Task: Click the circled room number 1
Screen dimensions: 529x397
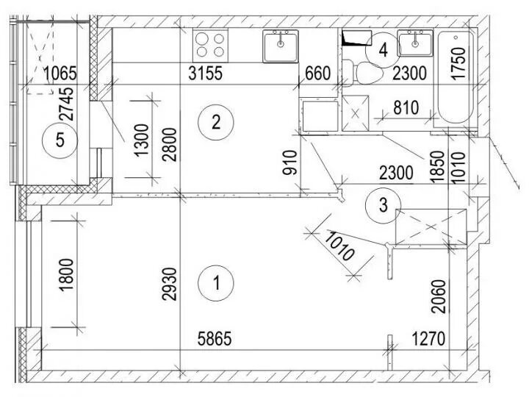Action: (216, 283)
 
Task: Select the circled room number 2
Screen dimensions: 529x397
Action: (216, 122)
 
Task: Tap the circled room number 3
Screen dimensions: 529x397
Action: (384, 205)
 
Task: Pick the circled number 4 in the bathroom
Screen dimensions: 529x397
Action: (384, 51)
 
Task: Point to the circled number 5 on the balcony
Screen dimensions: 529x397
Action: (60, 140)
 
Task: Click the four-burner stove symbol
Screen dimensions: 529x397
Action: (211, 46)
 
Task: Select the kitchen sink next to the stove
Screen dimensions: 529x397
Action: (281, 46)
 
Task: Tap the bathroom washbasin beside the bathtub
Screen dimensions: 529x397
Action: (415, 43)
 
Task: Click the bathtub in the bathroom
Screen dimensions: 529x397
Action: (456, 77)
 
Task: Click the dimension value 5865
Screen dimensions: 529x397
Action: (215, 339)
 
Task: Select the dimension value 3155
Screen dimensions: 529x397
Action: (206, 74)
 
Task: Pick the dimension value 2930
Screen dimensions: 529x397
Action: (170, 284)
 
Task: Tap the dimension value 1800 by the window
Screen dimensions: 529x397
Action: (66, 275)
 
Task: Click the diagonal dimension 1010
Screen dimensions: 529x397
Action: (339, 246)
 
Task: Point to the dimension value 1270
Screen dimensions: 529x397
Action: (428, 339)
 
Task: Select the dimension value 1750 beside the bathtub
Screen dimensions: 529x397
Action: (458, 64)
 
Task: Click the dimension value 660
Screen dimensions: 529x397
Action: (317, 74)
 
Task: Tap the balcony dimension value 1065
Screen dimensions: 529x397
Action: (61, 74)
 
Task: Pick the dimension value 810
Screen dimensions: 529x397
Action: (406, 108)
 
